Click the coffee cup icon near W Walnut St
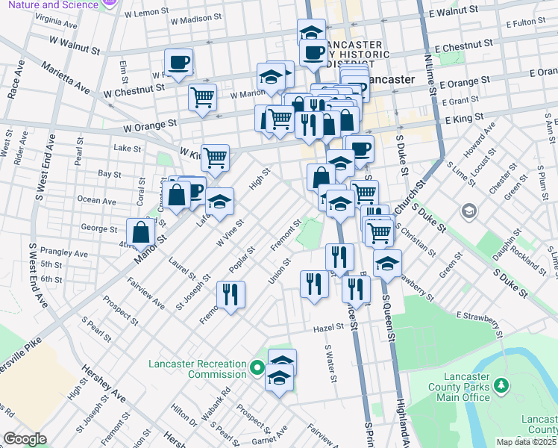click(178, 63)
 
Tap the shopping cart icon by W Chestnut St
click(203, 97)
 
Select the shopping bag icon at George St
click(141, 232)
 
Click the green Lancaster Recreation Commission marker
click(257, 368)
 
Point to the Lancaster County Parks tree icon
click(503, 385)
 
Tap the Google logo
click(25, 439)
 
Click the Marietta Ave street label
click(65, 78)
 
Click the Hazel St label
click(327, 326)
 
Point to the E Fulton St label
click(530, 23)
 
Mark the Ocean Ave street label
click(97, 200)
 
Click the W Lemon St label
click(147, 13)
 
